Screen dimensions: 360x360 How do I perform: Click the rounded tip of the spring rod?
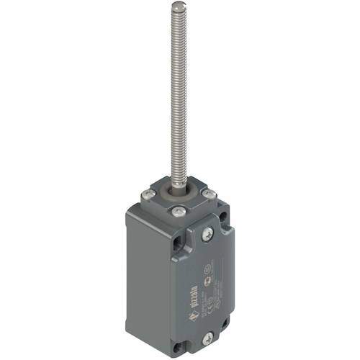(176, 7)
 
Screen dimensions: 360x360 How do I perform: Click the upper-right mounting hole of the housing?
(228, 217)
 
